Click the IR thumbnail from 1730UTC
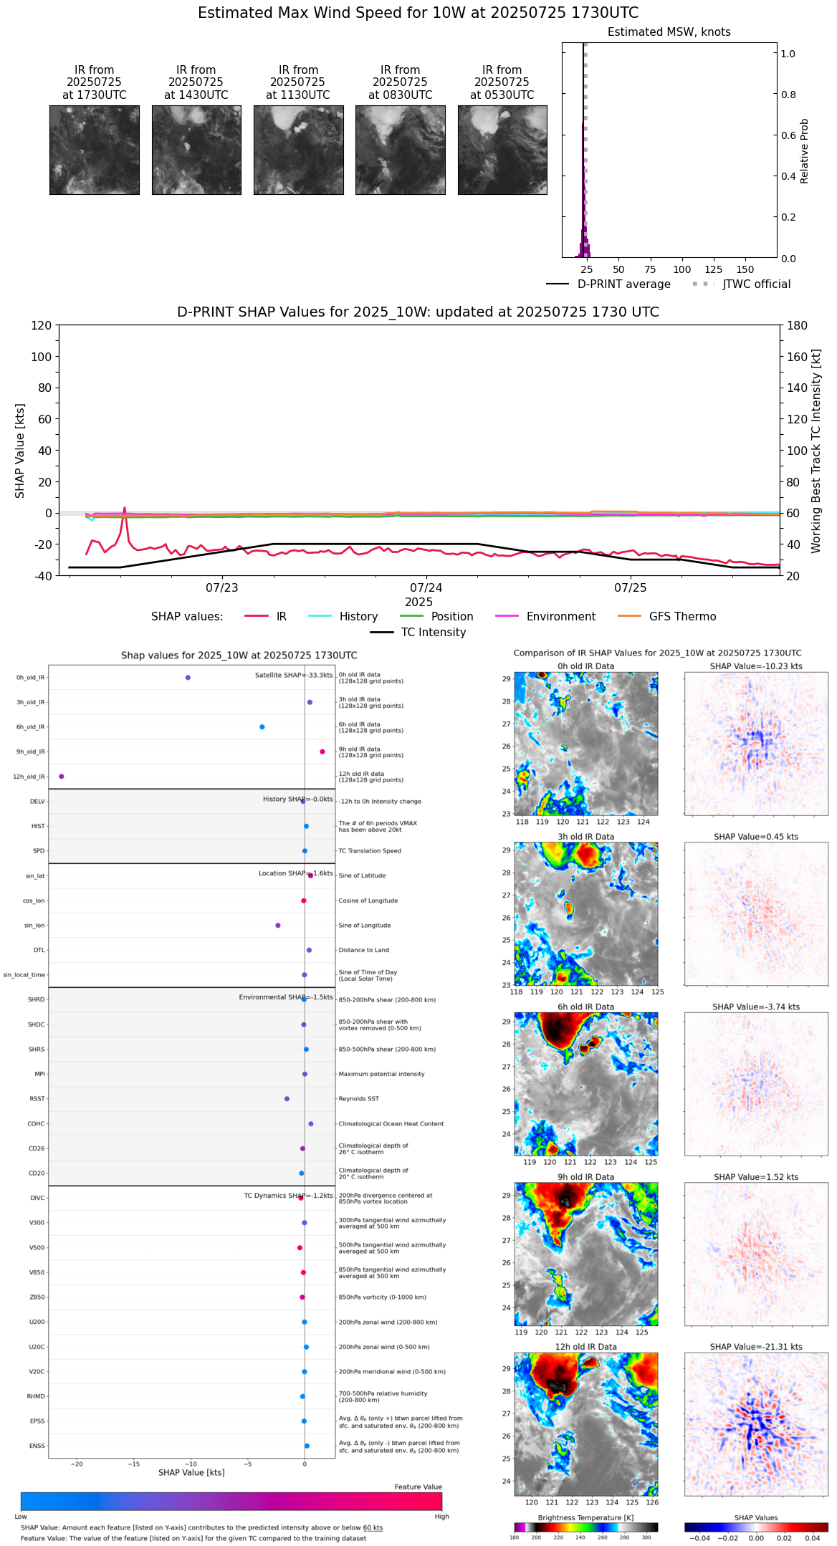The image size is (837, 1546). pyautogui.click(x=94, y=150)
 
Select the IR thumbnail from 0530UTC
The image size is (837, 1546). pyautogui.click(x=502, y=150)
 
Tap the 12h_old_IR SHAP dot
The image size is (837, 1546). pyautogui.click(x=62, y=776)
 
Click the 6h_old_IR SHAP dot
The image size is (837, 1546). pyautogui.click(x=262, y=726)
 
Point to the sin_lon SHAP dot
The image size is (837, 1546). pyautogui.click(x=278, y=925)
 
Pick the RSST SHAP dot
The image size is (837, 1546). pyautogui.click(x=287, y=1098)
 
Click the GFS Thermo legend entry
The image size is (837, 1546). pyautogui.click(x=682, y=616)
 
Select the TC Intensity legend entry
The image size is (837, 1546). pyautogui.click(x=433, y=632)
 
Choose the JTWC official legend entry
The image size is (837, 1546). pyautogui.click(x=756, y=284)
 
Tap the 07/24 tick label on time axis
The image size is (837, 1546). pyautogui.click(x=426, y=587)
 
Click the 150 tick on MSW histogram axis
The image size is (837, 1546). pyautogui.click(x=745, y=269)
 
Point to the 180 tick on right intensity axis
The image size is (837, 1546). pyautogui.click(x=798, y=325)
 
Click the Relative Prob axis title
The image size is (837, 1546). pyautogui.click(x=804, y=150)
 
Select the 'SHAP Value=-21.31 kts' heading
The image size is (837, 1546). pyautogui.click(x=756, y=1347)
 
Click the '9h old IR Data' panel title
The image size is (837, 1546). pyautogui.click(x=585, y=1177)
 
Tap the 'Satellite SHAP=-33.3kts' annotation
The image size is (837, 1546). pyautogui.click(x=294, y=675)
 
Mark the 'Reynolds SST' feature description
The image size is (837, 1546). pyautogui.click(x=359, y=1098)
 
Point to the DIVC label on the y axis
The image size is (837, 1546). pyautogui.click(x=37, y=1198)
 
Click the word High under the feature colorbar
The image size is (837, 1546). pyautogui.click(x=441, y=1516)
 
